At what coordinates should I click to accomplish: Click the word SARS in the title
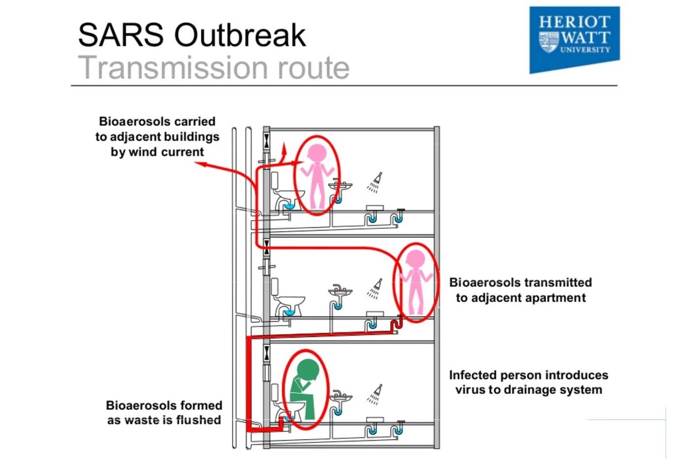pyautogui.click(x=121, y=35)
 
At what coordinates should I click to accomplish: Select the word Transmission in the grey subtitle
pyautogui.click(x=173, y=67)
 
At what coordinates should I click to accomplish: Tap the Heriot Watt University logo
pyautogui.click(x=574, y=40)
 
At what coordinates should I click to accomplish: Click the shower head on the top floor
pyautogui.click(x=375, y=183)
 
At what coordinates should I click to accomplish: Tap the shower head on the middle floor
pyautogui.click(x=375, y=289)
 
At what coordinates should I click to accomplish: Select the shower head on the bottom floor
pyautogui.click(x=375, y=394)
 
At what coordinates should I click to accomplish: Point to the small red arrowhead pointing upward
pyautogui.click(x=284, y=147)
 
